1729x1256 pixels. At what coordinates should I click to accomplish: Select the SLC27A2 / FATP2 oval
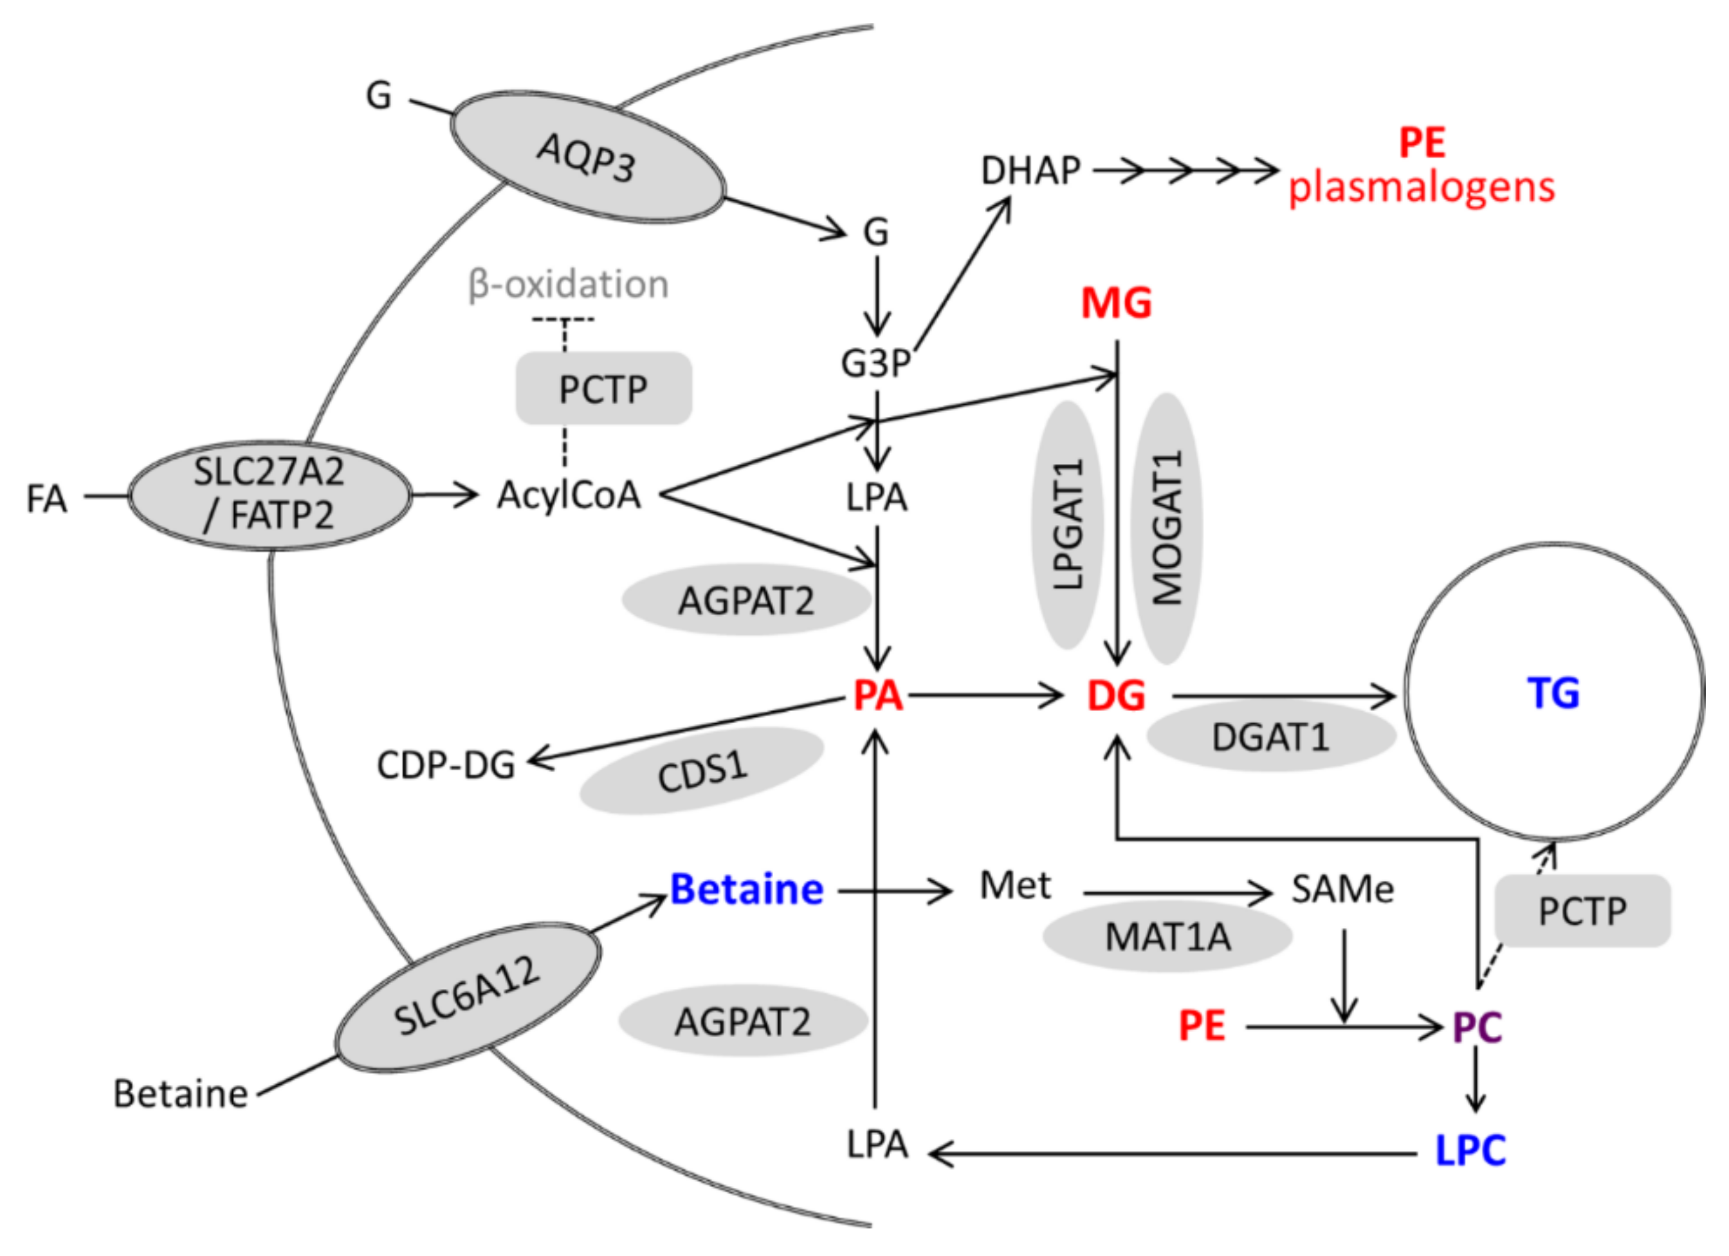pos(269,494)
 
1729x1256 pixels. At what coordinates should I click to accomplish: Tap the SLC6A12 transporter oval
pos(468,996)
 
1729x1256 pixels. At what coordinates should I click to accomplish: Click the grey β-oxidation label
pos(568,284)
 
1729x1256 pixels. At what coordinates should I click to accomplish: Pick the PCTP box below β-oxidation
pos(603,389)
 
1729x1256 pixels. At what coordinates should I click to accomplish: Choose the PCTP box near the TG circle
pos(1582,910)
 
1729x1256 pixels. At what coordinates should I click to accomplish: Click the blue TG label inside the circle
pos(1553,693)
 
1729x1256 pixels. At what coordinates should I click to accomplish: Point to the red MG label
pos(1116,304)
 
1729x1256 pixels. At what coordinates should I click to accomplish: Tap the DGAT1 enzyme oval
pos(1270,737)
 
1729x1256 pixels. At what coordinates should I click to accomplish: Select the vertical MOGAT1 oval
pos(1166,528)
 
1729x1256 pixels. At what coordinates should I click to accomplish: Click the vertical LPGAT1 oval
pos(1067,524)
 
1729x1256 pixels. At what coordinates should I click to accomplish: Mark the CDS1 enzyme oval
pos(701,771)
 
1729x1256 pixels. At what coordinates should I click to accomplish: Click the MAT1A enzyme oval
pos(1167,936)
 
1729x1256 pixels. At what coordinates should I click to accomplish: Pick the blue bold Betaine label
pos(746,889)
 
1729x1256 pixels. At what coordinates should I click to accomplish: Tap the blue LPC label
pos(1470,1150)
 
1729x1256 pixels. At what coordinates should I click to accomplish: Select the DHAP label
pos(1030,171)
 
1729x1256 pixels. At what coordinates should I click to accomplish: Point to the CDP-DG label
pos(446,766)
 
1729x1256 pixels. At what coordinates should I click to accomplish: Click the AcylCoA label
pos(569,495)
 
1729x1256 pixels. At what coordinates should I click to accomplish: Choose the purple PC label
pos(1477,1027)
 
